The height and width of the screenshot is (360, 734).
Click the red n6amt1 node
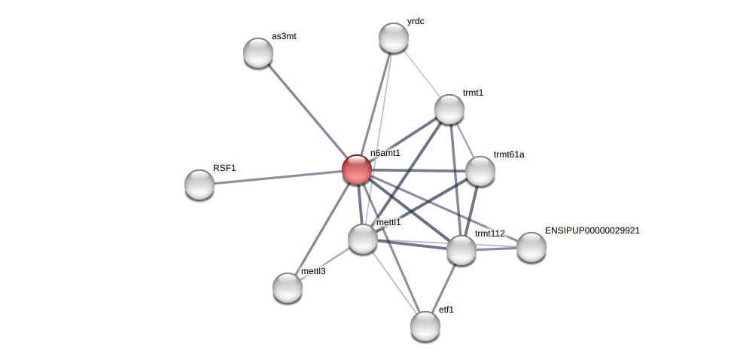357,169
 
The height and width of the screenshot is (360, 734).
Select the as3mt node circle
258,53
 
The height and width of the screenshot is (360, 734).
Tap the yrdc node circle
394,38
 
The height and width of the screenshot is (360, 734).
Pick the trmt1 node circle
449,109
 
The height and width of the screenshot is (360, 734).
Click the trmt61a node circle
480,171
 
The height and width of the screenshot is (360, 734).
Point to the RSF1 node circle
199,185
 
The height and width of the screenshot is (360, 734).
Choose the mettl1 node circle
363,239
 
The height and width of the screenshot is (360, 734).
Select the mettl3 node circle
288,288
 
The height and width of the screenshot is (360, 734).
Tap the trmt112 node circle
461,250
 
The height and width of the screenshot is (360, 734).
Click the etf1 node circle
425,326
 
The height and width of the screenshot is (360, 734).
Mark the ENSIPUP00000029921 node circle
531,247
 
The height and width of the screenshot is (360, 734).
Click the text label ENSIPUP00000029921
592,230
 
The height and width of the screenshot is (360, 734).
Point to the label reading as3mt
284,36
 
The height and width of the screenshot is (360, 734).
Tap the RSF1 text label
224,168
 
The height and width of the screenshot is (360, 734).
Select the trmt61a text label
509,154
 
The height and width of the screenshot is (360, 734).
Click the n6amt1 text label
385,153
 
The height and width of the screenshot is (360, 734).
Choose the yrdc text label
416,21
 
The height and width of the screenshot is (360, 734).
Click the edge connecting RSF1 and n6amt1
279,177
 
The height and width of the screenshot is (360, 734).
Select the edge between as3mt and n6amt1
307,111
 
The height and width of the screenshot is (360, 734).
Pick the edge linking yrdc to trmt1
422,73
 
